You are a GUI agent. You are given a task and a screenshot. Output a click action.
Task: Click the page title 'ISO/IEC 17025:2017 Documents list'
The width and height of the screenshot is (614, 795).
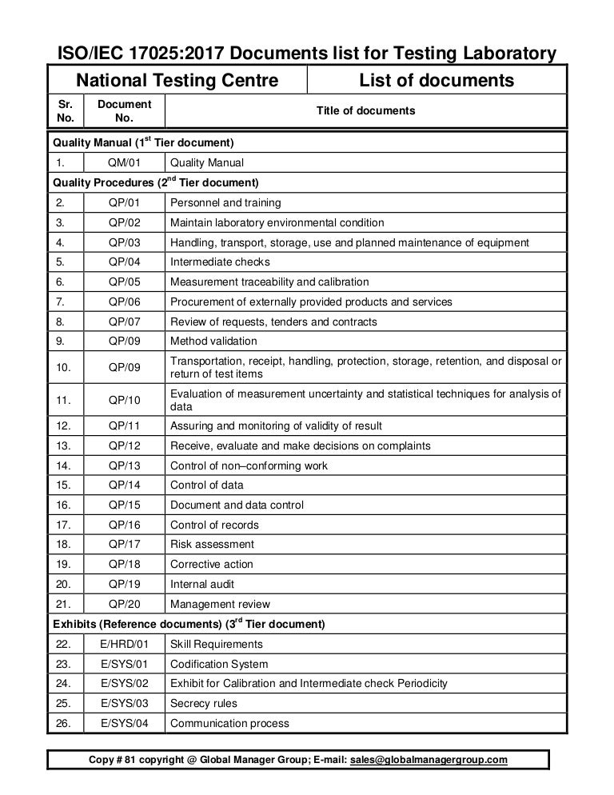click(x=304, y=54)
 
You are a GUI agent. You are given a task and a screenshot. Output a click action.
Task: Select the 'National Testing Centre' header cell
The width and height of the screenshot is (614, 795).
click(x=177, y=80)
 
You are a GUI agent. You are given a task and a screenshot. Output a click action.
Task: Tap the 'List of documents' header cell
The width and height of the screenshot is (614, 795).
click(x=437, y=80)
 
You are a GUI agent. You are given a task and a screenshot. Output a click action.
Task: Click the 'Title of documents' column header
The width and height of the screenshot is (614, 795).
click(x=366, y=110)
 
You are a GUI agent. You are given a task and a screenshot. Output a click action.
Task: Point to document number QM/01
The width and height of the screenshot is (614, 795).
click(x=124, y=162)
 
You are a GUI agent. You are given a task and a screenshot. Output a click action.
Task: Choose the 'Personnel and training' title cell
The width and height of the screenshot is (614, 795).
click(x=225, y=202)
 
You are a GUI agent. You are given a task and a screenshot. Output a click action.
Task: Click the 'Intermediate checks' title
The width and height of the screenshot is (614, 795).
click(x=220, y=262)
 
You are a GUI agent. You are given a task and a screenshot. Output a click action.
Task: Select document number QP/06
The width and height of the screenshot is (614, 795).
click(x=124, y=302)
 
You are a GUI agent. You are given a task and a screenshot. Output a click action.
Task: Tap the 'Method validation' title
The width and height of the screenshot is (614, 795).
click(x=210, y=341)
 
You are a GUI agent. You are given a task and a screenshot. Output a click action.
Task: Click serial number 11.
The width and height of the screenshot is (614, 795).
click(x=66, y=399)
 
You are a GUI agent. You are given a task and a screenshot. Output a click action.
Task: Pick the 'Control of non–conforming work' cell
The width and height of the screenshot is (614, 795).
click(x=249, y=465)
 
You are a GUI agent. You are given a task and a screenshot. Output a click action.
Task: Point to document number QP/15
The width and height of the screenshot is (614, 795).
click(x=124, y=505)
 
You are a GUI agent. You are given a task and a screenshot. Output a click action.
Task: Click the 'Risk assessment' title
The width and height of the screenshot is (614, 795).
click(x=212, y=544)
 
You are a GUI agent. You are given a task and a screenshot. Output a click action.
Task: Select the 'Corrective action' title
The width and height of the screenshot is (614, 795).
click(x=213, y=564)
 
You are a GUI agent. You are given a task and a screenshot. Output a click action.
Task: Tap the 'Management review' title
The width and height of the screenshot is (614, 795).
click(x=220, y=604)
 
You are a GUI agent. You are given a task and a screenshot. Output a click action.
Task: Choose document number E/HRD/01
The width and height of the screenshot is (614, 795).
click(x=124, y=644)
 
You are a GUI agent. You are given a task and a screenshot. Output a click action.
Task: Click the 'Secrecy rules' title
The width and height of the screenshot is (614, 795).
click(x=204, y=703)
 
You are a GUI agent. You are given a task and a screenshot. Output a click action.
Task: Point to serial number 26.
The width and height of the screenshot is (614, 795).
click(x=66, y=723)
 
